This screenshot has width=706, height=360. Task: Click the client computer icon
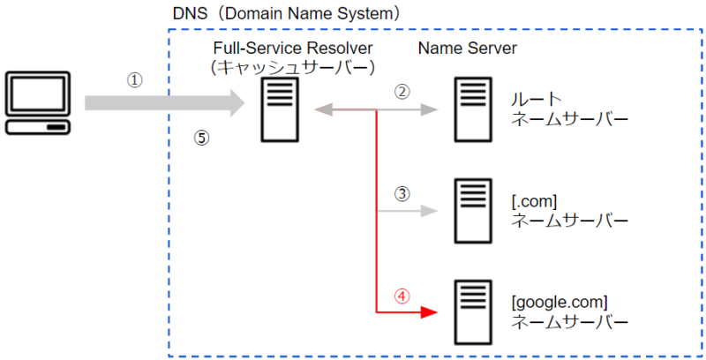click(x=38, y=103)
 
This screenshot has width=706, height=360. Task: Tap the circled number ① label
click(x=135, y=81)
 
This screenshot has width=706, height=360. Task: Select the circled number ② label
click(x=402, y=92)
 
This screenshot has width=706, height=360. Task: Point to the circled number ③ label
click(x=402, y=194)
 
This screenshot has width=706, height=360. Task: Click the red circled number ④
click(x=402, y=296)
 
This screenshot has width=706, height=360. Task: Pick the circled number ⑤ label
click(x=202, y=138)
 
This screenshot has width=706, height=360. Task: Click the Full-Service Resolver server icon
click(x=280, y=109)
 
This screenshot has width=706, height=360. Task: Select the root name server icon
click(x=473, y=109)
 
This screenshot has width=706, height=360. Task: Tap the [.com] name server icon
click(x=473, y=211)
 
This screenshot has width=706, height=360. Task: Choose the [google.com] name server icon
click(x=473, y=312)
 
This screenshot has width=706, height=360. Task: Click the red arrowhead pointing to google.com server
click(x=429, y=311)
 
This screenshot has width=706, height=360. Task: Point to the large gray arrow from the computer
click(x=165, y=103)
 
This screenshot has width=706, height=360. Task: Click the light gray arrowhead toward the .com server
click(x=429, y=211)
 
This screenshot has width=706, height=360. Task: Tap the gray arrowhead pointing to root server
click(x=429, y=109)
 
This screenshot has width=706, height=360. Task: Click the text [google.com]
click(x=560, y=303)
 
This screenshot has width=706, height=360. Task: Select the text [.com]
click(x=534, y=201)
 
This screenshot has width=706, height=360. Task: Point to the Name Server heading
click(x=468, y=49)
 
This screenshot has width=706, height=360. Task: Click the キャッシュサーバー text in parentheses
click(x=293, y=67)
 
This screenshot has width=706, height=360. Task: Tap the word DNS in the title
click(x=190, y=13)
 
